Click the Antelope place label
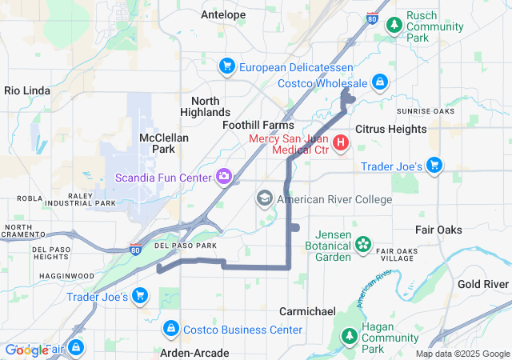coord(223,14)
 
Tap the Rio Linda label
coord(28,90)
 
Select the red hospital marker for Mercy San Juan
coord(341,144)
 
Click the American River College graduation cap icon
coord(264,198)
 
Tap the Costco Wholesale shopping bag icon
coord(380,82)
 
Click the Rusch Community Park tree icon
coord(394,26)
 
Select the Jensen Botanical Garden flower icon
coord(363,243)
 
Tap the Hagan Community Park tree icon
coord(349,338)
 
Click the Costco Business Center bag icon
coord(171,329)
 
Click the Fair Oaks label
coord(438,230)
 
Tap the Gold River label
coord(483,284)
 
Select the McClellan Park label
coord(163,143)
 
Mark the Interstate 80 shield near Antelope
coord(373,18)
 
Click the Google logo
coord(26,350)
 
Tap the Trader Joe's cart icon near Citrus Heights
coord(434,166)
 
